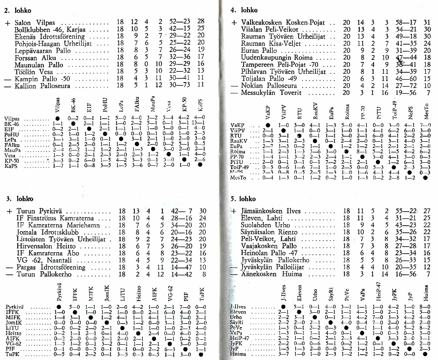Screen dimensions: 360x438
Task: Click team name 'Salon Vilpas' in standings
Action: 35,23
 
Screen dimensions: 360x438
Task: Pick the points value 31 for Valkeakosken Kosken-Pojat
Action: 427,23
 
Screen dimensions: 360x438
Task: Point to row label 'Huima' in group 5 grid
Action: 238,353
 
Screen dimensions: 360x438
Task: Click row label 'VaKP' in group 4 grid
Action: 237,125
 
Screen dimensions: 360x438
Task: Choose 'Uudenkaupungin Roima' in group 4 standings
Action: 275,58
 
